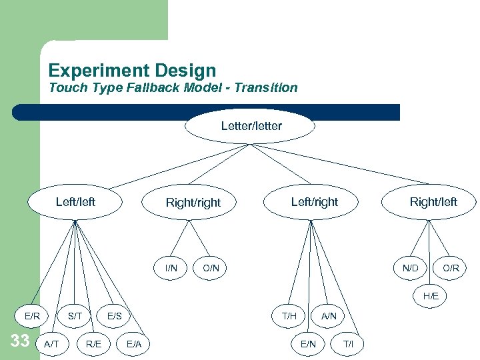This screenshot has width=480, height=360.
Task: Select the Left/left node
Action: coord(75,201)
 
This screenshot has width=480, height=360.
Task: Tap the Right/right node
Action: coord(193,203)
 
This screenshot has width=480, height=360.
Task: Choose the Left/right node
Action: coord(314,201)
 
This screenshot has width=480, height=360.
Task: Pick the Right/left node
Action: coord(433,201)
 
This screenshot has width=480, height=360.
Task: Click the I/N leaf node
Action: coord(171,268)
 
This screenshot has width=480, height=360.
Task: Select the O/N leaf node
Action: coord(211,268)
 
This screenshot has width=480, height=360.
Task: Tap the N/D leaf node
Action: coord(411,268)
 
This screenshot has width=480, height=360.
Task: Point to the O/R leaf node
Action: coord(451,268)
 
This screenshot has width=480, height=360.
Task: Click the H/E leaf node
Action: coord(431,295)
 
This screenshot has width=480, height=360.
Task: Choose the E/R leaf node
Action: coord(33,315)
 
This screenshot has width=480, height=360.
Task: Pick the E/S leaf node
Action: coord(114,315)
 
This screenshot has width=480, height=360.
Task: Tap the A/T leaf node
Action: coord(51,343)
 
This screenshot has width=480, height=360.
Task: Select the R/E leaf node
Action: coord(94,343)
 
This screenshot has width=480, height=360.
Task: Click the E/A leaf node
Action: coord(134,343)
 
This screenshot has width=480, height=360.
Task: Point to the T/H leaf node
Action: coord(289,315)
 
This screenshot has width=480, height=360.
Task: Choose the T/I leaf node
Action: coord(348,343)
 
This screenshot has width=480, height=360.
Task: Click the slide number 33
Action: coord(20,341)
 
